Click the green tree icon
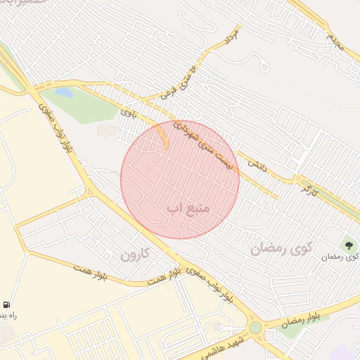[x=348, y=245]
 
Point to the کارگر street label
[x=310, y=188]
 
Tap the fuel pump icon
[x=6, y=304]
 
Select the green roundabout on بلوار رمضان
[x=255, y=328]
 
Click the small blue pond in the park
[x=63, y=92]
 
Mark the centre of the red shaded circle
[x=180, y=179]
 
